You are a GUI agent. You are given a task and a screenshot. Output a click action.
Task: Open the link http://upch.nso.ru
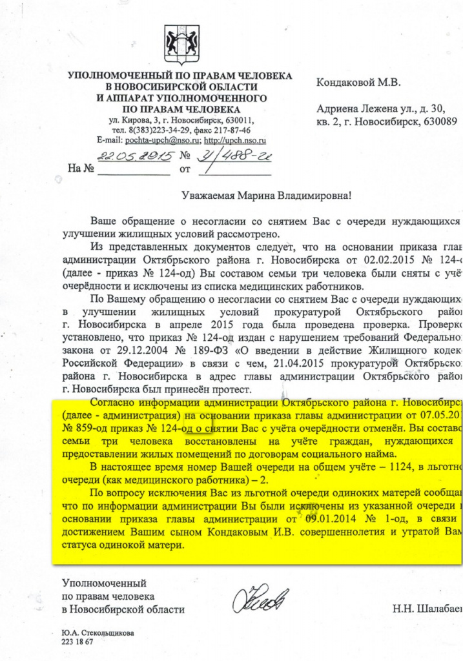(235, 140)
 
